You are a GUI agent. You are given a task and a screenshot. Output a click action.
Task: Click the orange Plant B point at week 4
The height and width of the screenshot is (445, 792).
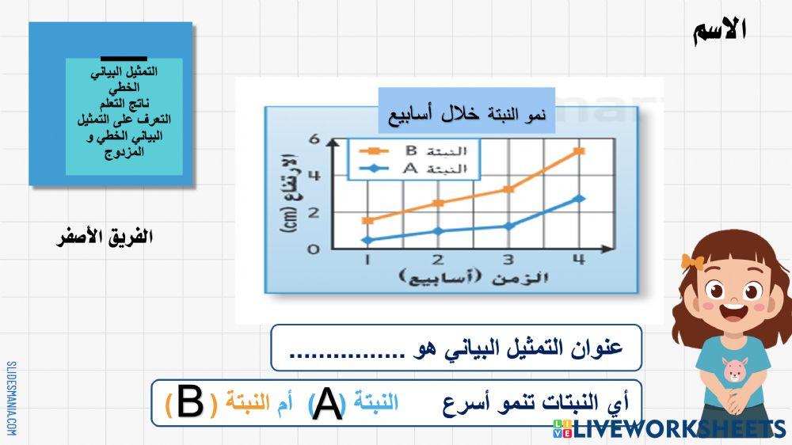(580, 150)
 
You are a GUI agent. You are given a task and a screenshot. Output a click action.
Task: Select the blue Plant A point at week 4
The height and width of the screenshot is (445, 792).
(580, 198)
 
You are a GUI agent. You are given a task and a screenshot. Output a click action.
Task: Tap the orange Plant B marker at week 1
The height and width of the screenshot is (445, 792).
(367, 220)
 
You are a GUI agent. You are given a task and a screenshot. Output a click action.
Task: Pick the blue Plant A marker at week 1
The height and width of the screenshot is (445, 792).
(367, 240)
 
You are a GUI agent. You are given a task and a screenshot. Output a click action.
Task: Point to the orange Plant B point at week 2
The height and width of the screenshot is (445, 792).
(438, 203)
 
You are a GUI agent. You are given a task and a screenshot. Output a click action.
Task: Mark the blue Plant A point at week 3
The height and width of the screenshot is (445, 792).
(508, 226)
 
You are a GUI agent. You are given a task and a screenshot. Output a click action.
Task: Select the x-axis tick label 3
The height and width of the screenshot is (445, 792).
(508, 260)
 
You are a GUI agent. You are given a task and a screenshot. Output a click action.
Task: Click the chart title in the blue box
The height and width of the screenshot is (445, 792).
(466, 112)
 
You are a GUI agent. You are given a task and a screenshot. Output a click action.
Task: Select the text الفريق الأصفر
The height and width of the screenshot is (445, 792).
(103, 237)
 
